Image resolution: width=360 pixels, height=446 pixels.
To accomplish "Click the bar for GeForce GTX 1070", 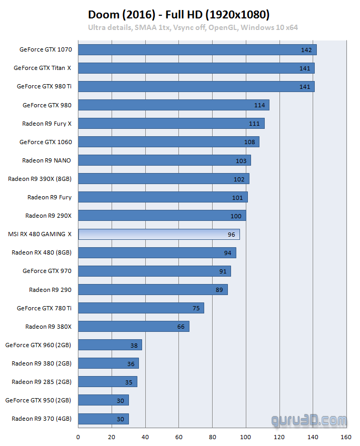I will coord(197,49).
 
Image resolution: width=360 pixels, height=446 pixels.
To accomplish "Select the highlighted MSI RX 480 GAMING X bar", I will coord(159,234).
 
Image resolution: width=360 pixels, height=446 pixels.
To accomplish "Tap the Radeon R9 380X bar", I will coord(134,327).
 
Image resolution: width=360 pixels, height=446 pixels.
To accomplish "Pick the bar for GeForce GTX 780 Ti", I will coord(141,308).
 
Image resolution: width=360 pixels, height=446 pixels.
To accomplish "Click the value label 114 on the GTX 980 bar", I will coord(259,105).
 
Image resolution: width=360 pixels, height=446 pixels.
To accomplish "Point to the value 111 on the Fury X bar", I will coord(255,124).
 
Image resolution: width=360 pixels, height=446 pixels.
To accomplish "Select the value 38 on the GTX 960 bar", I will coord(134,346).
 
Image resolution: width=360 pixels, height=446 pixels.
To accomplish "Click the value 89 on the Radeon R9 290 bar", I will coord(219,290).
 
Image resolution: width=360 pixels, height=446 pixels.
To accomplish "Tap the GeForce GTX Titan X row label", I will coord(43,68).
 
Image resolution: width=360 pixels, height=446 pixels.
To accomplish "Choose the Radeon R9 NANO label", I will coord(47,160).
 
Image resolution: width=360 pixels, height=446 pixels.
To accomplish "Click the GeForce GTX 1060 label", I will coord(46,142).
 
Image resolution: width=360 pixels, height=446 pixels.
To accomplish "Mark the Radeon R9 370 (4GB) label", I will coord(42,419).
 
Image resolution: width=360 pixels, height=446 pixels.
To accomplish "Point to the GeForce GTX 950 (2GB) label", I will coord(38,400).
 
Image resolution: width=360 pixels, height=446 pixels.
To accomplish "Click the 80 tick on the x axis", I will coord(213,437).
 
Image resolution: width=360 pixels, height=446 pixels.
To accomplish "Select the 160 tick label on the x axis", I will coord(346,437).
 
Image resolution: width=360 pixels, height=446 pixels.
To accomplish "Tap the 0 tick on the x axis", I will coord(78,437).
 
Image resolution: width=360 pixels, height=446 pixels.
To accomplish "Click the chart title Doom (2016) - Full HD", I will coord(179,14).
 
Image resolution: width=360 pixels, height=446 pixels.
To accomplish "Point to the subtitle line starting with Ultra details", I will coord(193,27).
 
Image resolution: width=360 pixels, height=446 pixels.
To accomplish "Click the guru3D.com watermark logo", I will coord(309,421).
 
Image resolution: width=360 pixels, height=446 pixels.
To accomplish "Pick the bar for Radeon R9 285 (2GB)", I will coord(108,382).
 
